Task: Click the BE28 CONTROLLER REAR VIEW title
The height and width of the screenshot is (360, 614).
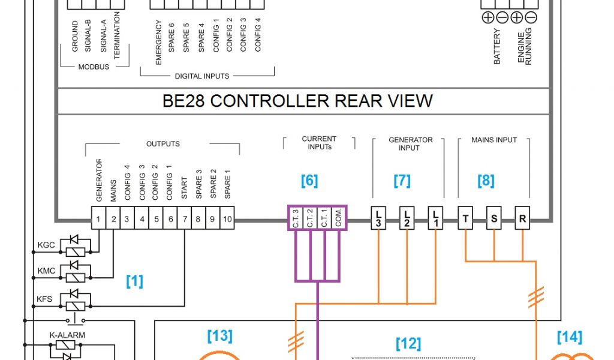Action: click(x=297, y=101)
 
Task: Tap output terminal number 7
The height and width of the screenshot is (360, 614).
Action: click(x=184, y=220)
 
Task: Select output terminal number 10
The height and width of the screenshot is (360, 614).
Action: click(x=227, y=220)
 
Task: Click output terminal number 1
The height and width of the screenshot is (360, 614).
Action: click(x=98, y=220)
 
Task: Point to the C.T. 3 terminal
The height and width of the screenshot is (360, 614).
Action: click(x=296, y=218)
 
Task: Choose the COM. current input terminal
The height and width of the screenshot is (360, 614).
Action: click(x=338, y=218)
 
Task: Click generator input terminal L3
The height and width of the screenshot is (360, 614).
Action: click(x=378, y=218)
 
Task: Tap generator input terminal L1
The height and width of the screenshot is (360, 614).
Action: click(x=435, y=218)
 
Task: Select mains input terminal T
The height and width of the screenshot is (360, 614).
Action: click(x=465, y=219)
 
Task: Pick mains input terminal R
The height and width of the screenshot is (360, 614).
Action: click(x=522, y=219)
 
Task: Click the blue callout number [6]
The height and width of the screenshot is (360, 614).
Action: click(x=309, y=181)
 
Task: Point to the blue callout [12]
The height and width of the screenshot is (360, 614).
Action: click(x=408, y=344)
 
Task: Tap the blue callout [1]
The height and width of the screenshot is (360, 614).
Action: click(x=134, y=281)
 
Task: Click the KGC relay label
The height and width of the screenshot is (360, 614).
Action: click(x=46, y=245)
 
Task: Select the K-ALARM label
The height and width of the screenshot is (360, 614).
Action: click(x=67, y=335)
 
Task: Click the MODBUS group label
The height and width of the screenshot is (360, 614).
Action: click(x=94, y=67)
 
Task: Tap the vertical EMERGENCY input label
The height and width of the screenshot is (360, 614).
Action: click(x=159, y=42)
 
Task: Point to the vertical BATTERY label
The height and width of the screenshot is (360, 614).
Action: click(x=497, y=46)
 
